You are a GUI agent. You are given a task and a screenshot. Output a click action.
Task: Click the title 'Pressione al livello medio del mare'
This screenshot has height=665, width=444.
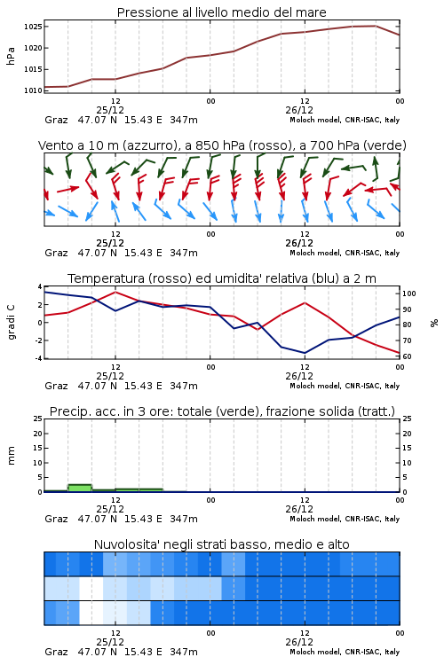tap(221, 12)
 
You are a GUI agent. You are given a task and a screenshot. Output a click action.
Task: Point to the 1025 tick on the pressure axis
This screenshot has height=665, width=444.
tap(33, 27)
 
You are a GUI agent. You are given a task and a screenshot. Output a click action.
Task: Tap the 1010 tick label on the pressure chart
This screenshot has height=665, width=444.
tap(33, 90)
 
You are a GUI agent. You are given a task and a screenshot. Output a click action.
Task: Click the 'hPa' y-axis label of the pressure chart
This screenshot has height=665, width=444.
tap(11, 56)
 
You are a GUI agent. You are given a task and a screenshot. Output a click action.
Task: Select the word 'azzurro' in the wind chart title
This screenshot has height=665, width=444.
tap(149, 145)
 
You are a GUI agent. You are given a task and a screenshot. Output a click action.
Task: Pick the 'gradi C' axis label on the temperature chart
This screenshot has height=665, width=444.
tap(11, 322)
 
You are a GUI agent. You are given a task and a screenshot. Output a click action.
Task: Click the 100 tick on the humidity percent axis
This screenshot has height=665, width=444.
tap(408, 293)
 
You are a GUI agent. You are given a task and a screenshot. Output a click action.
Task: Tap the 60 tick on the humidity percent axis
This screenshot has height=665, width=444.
tap(407, 356)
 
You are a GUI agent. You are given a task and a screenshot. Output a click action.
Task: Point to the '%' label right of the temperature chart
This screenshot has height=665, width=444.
tap(434, 323)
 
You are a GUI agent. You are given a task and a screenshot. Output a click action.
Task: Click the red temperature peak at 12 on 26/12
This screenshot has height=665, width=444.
tap(305, 303)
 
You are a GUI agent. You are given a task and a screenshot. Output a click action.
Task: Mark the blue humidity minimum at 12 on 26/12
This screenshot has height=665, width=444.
tap(305, 353)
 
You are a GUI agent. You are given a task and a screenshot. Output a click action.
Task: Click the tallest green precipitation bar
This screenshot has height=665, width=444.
tap(80, 489)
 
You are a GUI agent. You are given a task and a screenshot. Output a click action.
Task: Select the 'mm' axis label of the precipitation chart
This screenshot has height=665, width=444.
tap(11, 456)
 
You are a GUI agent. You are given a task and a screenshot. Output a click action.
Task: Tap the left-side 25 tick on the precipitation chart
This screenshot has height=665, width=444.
tap(38, 419)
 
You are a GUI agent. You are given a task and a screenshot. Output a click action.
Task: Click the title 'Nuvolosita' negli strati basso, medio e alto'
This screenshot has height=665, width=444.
tap(221, 544)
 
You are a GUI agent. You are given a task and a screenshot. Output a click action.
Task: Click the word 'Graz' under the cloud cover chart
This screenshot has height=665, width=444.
tap(56, 652)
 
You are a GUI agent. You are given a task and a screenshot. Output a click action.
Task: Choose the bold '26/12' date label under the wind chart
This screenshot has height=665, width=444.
tap(299, 243)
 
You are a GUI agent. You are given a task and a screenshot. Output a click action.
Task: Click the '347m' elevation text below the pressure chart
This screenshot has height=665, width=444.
tap(184, 120)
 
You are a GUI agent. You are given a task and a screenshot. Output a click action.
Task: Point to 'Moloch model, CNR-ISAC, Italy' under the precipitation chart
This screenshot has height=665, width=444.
tap(345, 519)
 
